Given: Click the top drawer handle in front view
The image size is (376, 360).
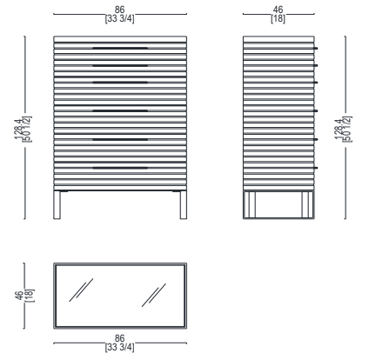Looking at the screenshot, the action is (x=120, y=48).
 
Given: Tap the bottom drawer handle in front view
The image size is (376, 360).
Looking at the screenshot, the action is (x=120, y=168).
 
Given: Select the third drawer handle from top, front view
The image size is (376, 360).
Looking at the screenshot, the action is (x=120, y=83).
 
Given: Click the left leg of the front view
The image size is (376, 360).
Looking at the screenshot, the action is (x=57, y=205).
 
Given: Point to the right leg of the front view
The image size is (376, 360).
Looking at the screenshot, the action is (x=184, y=205).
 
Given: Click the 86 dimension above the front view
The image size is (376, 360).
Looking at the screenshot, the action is (x=119, y=10).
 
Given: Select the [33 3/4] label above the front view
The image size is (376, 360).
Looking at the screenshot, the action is (x=119, y=19).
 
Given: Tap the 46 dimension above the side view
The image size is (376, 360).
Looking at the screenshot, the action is (x=278, y=10).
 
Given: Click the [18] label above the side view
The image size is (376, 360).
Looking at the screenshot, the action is (x=278, y=19).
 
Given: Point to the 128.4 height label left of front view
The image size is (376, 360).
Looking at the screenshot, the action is (x=19, y=129).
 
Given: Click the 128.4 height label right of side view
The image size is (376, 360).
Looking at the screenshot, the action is (x=339, y=129).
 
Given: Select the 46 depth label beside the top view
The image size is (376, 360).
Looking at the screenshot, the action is (x=19, y=296).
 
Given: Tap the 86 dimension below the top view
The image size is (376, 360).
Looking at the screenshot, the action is (x=119, y=338).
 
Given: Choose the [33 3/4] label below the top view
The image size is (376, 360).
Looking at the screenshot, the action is (x=119, y=347).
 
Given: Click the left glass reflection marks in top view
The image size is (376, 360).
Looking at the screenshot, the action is (x=81, y=290).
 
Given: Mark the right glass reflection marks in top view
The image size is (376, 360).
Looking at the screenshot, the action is (x=154, y=295).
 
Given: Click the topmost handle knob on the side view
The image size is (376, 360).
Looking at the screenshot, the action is (x=316, y=48).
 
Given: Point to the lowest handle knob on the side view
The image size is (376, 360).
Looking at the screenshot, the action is (x=316, y=168).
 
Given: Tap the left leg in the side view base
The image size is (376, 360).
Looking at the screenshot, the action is (x=250, y=204).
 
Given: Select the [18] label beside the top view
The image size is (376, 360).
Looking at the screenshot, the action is (x=30, y=296).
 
